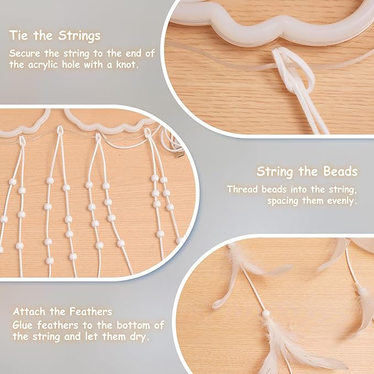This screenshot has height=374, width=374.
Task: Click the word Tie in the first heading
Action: [x=19, y=36]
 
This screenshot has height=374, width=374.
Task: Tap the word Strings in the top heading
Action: [x=79, y=36]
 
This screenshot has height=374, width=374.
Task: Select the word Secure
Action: [x=25, y=53]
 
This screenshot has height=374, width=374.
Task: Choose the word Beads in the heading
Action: [x=340, y=171]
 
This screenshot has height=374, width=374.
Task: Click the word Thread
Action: [x=242, y=189]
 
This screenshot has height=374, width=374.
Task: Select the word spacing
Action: [x=283, y=201]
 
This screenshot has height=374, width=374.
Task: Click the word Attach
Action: [x=29, y=312]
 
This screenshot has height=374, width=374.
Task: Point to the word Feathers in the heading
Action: [x=91, y=312]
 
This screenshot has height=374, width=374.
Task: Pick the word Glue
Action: [x=23, y=326]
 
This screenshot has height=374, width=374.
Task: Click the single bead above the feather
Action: [x=265, y=313]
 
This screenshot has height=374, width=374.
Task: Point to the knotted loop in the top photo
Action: [x=294, y=69]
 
